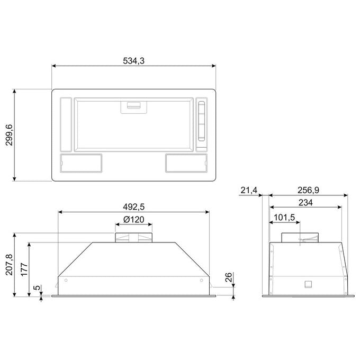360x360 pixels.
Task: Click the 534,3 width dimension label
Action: (133, 61)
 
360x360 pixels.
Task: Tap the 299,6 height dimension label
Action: (10, 135)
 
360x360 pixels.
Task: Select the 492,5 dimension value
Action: (133, 207)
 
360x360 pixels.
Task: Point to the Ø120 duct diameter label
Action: (133, 220)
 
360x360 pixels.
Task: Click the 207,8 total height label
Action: (10, 265)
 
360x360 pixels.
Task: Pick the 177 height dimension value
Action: (24, 269)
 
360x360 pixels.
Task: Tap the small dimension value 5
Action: (37, 287)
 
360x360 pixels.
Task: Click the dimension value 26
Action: (229, 277)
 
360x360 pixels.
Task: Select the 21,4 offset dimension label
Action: (249, 190)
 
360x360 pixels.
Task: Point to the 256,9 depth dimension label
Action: (308, 190)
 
